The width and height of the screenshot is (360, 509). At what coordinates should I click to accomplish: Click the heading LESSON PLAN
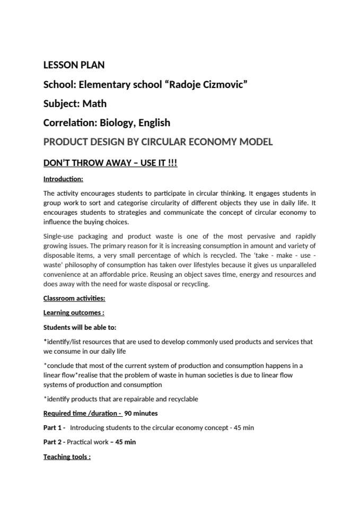[x=74, y=65]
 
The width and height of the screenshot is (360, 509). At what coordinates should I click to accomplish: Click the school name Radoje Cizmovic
[x=207, y=84]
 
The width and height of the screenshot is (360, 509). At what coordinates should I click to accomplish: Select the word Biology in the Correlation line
[x=116, y=122]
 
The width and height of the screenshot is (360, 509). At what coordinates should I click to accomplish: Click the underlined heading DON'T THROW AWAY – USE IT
[x=110, y=162]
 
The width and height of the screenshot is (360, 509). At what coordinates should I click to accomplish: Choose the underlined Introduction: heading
[x=63, y=179]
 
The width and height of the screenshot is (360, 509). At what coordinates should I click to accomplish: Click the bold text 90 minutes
[x=141, y=413]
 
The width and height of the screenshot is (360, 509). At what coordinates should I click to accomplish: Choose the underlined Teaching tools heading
[x=67, y=456]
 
